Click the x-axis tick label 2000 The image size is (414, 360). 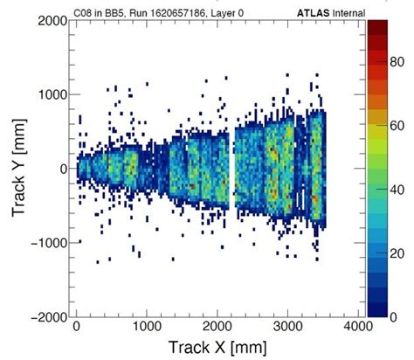click(217, 326)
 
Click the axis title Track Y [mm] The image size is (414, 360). click(15, 168)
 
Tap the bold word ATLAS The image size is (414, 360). click(310, 8)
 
